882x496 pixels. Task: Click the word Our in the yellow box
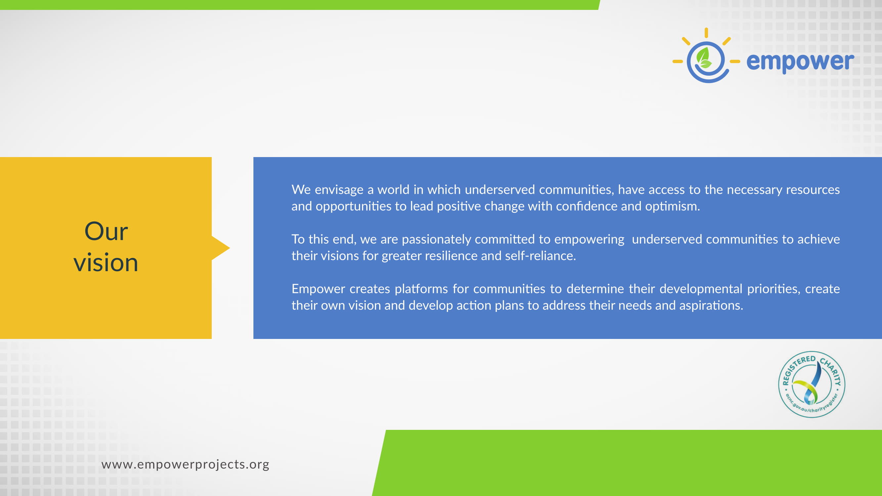click(x=106, y=231)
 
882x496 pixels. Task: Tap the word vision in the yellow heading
click(x=106, y=263)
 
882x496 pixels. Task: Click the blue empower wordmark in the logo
click(x=800, y=62)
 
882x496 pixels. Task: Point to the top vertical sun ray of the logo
click(x=706, y=33)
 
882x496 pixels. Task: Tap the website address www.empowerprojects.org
click(x=185, y=465)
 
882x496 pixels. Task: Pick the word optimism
click(x=673, y=206)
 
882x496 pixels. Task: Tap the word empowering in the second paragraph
click(x=589, y=240)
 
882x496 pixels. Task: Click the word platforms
click(x=421, y=289)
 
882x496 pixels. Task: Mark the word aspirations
click(x=711, y=306)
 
